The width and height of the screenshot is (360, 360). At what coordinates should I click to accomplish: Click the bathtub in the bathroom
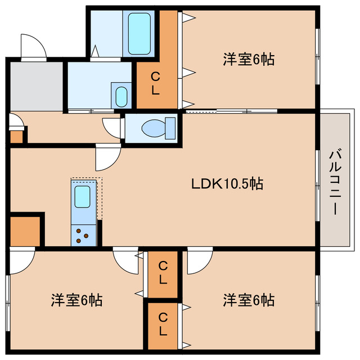[x=141, y=33]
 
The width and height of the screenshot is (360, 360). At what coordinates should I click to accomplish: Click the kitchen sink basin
[x=83, y=196]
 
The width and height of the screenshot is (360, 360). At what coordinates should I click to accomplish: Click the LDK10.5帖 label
[x=227, y=183]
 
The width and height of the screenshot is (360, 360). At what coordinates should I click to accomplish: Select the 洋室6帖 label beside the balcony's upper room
[x=248, y=59]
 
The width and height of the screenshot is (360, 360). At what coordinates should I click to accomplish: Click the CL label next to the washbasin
[x=156, y=84]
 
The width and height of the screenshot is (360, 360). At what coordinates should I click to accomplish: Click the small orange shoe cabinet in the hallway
[x=16, y=136]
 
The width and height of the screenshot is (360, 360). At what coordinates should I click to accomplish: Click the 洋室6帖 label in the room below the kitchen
[x=77, y=300]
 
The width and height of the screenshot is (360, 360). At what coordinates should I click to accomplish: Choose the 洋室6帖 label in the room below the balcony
[x=248, y=300]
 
